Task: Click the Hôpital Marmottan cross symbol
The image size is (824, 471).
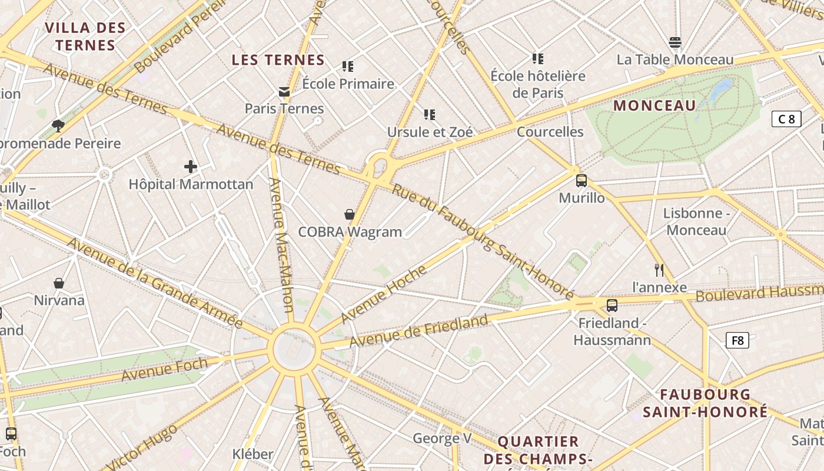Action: [x=191, y=167]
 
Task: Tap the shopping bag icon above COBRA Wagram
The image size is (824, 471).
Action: [x=350, y=214]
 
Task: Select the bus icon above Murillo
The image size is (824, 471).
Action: [x=582, y=181]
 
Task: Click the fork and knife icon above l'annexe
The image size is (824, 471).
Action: [x=659, y=270]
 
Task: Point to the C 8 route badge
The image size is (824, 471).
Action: [x=786, y=120]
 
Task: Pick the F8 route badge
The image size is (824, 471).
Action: [x=737, y=340]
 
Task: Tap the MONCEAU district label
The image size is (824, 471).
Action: [x=654, y=106]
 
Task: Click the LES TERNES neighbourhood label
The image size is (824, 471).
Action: [x=278, y=60]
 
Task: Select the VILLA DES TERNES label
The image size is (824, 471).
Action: [x=85, y=37]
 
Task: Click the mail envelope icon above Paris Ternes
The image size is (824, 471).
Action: [x=284, y=91]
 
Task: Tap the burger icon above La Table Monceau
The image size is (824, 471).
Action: [x=675, y=42]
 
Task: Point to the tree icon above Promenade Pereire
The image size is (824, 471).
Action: [x=58, y=125]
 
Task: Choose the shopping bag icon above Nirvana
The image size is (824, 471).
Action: [x=59, y=283]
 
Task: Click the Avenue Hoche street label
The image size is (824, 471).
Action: [x=383, y=294]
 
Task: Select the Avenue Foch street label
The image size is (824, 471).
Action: [x=164, y=369]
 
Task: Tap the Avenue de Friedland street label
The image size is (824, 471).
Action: [x=418, y=331]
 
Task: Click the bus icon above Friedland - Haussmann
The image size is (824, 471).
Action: [x=612, y=306]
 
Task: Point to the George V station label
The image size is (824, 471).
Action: [x=442, y=438]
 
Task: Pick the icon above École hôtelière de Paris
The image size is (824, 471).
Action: [x=537, y=58]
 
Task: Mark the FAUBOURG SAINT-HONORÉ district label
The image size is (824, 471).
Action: [x=705, y=403]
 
